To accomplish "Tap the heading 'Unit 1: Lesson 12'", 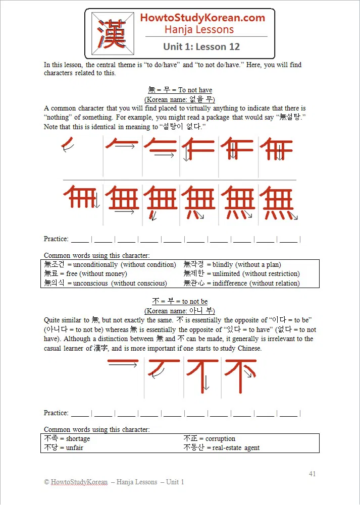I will click(x=201, y=47).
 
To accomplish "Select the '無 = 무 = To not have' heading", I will click(x=180, y=90).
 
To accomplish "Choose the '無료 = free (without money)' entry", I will click(x=85, y=273).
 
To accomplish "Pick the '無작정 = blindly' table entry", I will click(x=232, y=264).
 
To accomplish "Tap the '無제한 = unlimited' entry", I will click(x=241, y=273).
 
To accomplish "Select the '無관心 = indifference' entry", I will click(x=241, y=283).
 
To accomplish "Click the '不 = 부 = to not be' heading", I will click(x=180, y=301).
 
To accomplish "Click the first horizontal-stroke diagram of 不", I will click(x=123, y=363).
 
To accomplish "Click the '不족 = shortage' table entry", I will click(x=67, y=438).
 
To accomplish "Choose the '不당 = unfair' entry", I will click(x=64, y=447).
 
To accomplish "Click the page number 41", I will click(x=312, y=474).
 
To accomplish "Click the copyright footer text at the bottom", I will click(x=114, y=482).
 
